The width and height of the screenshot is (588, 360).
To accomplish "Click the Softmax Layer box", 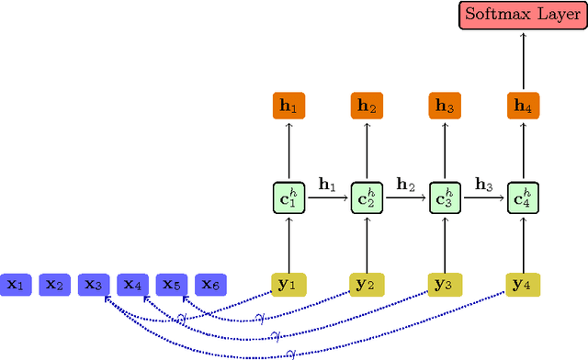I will click(x=522, y=16).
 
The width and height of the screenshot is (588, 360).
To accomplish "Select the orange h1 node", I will click(x=288, y=107).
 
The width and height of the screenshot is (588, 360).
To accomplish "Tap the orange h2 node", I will click(x=367, y=107).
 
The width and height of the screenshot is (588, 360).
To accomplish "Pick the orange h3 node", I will click(x=445, y=107).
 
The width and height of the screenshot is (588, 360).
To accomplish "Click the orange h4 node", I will click(x=523, y=107).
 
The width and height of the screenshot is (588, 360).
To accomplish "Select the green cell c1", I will click(x=288, y=197).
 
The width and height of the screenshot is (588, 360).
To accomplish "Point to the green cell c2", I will click(x=367, y=197).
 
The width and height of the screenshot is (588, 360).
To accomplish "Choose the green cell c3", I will click(x=445, y=197).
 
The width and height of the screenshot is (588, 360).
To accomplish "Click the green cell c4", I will click(x=523, y=197).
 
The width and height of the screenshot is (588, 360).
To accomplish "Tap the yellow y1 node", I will click(x=288, y=285).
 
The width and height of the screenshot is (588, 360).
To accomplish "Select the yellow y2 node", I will click(x=367, y=285).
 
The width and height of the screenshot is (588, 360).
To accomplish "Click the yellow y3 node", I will click(x=445, y=285).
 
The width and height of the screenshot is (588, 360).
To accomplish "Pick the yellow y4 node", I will click(x=523, y=285).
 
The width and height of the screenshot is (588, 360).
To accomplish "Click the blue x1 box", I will click(x=16, y=285).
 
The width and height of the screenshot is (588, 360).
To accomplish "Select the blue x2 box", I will click(x=55, y=285).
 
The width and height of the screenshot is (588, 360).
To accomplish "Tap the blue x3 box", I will click(x=94, y=285).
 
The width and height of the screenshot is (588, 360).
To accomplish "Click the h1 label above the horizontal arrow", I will click(x=327, y=183).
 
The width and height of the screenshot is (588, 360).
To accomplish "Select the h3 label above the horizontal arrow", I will click(x=483, y=183).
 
